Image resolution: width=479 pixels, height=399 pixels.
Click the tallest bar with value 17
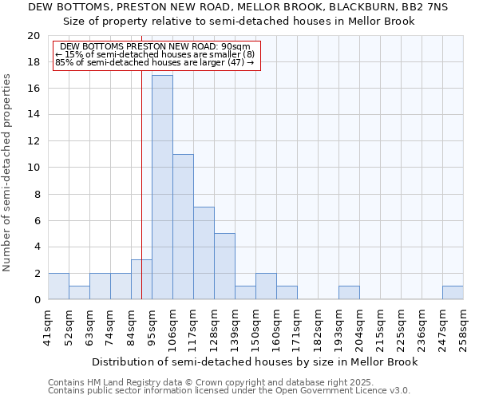tap(162, 188)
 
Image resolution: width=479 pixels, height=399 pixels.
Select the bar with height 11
tap(183, 227)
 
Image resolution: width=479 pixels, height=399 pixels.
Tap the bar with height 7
tap(204, 253)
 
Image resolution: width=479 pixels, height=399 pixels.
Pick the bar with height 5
tap(224, 267)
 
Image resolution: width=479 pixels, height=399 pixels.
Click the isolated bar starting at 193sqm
tap(349, 293)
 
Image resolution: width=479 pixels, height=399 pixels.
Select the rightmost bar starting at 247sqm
tap(453, 293)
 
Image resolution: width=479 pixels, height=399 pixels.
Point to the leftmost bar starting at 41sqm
tap(58, 286)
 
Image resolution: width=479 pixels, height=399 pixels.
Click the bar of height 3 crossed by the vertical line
tap(141, 279)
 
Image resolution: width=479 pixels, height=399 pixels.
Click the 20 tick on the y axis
tap(34, 36)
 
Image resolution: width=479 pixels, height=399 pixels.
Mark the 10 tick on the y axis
tap(34, 168)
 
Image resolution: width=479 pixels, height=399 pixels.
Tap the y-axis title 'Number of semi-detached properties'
tap(7, 172)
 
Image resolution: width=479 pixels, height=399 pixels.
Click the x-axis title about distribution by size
tap(255, 361)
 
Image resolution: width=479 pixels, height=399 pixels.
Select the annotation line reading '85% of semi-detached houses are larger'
tap(154, 61)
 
